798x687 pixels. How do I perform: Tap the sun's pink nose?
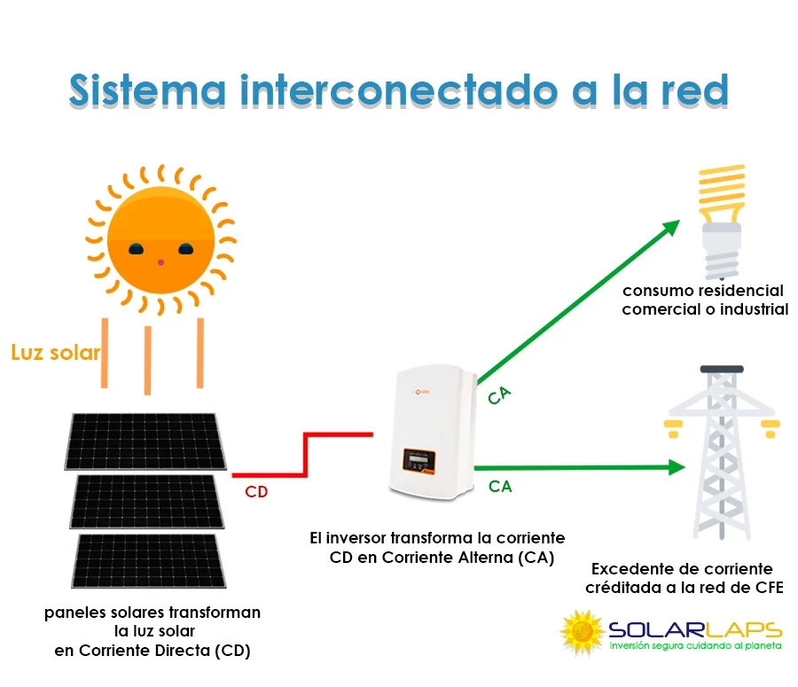click(x=160, y=262)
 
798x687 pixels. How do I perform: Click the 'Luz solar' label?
click(x=55, y=353)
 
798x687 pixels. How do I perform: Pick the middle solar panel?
click(x=148, y=499)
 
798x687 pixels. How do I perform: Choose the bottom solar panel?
click(x=147, y=560)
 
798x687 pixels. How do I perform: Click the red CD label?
click(x=256, y=492)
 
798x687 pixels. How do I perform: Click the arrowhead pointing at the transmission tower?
click(x=677, y=466)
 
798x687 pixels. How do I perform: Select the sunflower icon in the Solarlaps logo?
click(x=583, y=631)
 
